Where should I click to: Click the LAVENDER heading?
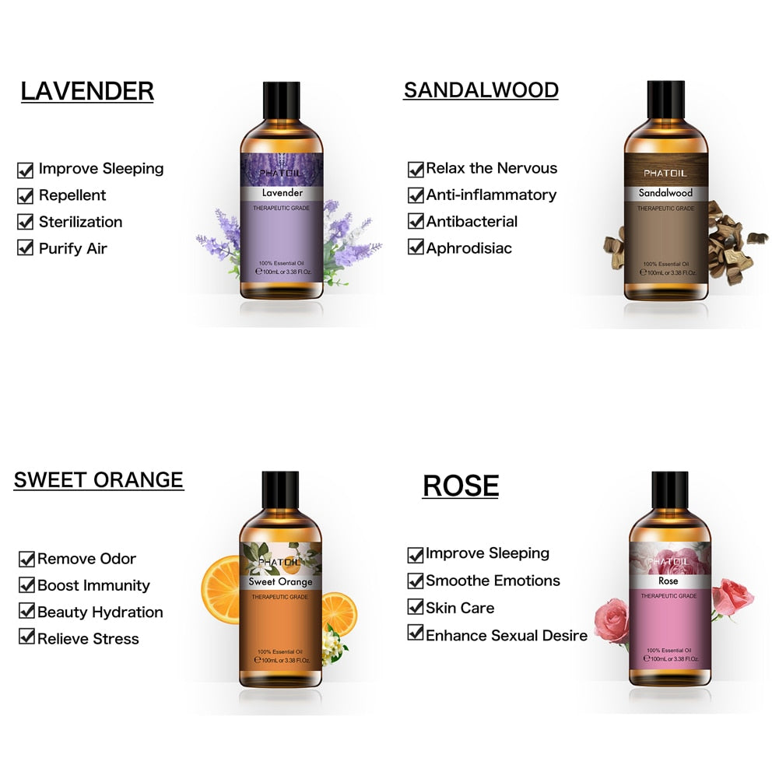87,91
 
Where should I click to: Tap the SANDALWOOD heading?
481,90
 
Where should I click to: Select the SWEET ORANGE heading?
98,480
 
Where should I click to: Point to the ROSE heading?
461,486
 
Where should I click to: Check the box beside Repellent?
26,196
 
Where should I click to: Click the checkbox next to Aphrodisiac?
416,247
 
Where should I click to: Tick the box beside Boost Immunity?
26,584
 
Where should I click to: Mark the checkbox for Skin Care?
416,606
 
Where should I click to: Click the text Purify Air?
73,248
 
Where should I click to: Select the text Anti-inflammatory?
491,195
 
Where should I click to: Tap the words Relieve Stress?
88,638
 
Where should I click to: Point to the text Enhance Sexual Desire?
507,636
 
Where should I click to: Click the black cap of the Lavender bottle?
281,101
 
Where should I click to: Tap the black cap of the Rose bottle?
670,490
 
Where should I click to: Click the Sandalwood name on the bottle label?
665,193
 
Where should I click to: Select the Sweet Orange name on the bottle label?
280,582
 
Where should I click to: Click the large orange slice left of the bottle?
221,589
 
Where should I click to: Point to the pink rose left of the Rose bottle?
612,620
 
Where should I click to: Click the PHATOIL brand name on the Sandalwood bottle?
665,174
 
